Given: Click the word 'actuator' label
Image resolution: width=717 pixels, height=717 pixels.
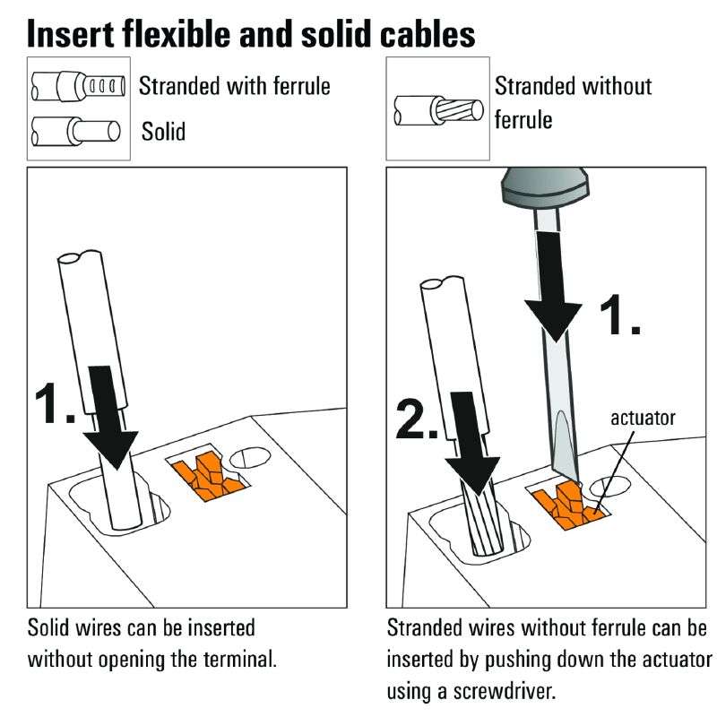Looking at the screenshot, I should (x=643, y=419).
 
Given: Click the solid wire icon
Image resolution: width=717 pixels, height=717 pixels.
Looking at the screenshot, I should (x=75, y=132).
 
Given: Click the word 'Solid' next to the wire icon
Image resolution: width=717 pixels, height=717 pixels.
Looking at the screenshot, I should (x=163, y=132).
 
